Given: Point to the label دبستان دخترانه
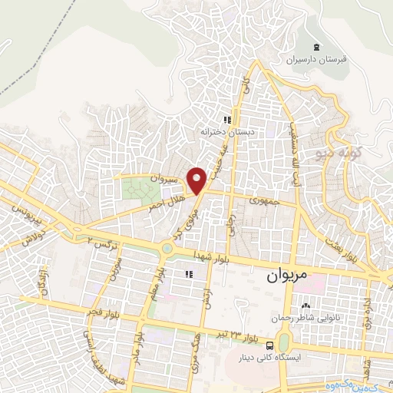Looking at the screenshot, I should (x=227, y=132).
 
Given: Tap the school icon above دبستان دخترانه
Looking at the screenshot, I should (x=226, y=120).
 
